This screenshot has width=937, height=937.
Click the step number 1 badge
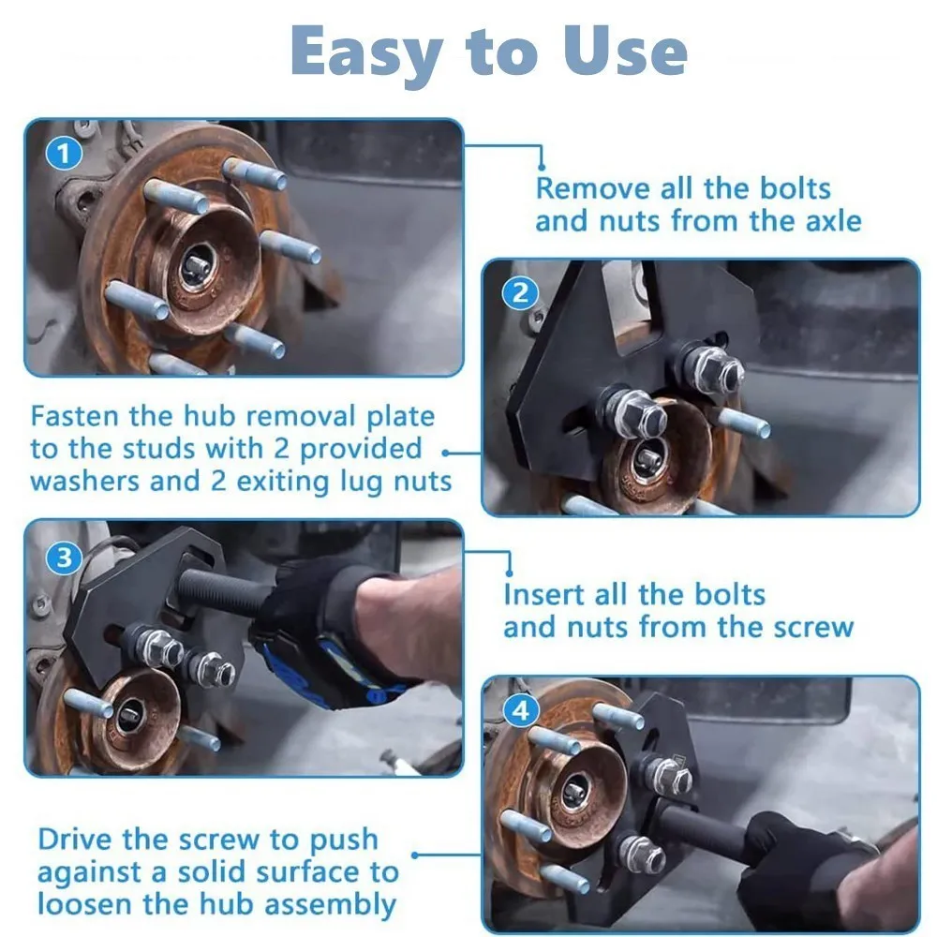[64, 153]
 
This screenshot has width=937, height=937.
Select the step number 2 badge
[521, 294]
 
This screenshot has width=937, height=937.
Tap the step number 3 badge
[64, 559]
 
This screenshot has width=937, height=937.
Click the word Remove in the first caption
[593, 188]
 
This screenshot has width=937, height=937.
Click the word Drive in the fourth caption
[80, 840]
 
